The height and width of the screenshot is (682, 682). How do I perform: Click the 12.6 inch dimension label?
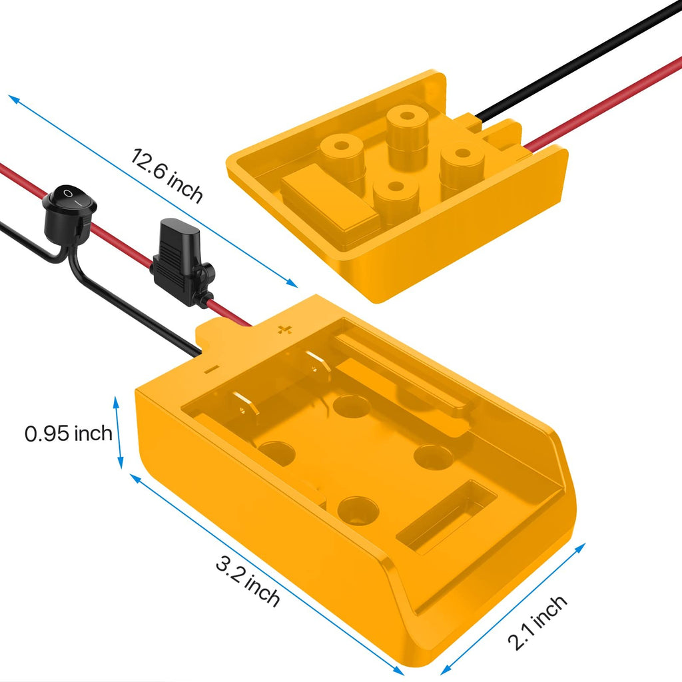tap(167, 175)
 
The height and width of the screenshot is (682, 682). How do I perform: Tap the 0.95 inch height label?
tap(69, 434)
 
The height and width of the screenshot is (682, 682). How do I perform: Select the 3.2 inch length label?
tap(248, 582)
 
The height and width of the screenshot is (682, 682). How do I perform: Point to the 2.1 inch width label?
tap(537, 623)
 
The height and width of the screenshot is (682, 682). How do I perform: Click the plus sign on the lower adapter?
tap(284, 329)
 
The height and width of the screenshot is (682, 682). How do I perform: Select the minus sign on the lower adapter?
tap(212, 370)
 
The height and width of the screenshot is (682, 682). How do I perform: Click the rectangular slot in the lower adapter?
tap(447, 516)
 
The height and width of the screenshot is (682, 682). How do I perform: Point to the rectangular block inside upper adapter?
tap(329, 200)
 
